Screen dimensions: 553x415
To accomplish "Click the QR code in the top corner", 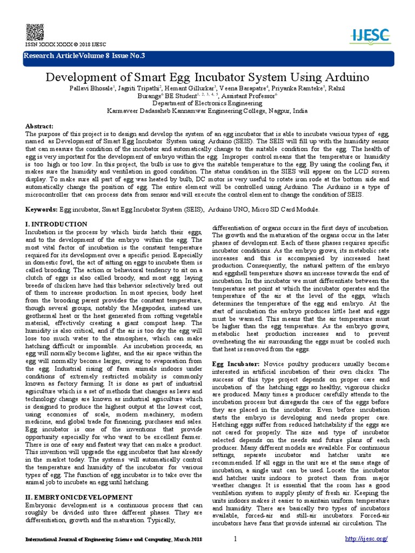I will [34, 30].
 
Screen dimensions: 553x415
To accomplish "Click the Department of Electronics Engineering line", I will [207, 103].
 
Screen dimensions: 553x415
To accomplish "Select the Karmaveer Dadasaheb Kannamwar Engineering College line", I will [207, 110].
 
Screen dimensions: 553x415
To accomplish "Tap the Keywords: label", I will [42, 209].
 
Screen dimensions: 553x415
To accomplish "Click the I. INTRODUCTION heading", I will [56, 224].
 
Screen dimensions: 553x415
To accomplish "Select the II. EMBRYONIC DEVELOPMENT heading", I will [79, 496].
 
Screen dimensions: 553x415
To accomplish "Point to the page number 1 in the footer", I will [236, 540].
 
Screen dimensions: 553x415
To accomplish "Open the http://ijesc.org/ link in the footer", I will [366, 540].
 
